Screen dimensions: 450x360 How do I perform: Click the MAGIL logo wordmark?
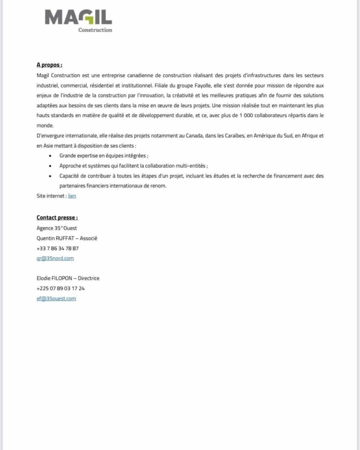[x=78, y=18]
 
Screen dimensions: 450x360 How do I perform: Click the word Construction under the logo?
[x=95, y=30]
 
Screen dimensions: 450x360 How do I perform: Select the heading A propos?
[x=49, y=65]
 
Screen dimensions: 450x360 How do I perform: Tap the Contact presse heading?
[x=57, y=218]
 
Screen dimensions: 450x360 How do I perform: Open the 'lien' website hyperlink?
[x=72, y=196]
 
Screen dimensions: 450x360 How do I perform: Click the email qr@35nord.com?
[x=55, y=258]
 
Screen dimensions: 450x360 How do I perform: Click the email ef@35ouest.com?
[x=56, y=299]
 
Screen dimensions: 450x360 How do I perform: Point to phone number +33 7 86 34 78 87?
[x=58, y=248]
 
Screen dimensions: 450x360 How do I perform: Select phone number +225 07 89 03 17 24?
[x=61, y=289]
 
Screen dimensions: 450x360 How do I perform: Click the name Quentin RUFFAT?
[x=55, y=238]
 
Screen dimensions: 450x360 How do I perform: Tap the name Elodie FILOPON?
[x=54, y=279]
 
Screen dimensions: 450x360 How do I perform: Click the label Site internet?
[x=51, y=196]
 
